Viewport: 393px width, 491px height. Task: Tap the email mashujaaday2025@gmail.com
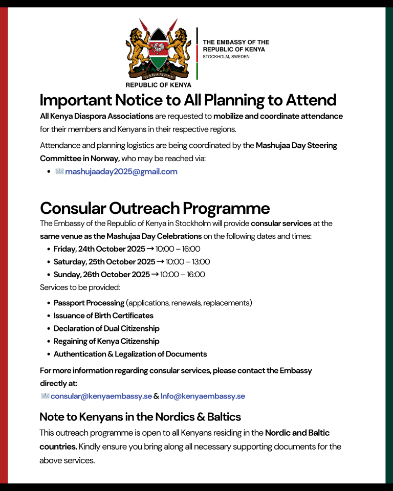click(121, 172)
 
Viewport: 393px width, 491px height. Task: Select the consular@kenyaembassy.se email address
click(101, 396)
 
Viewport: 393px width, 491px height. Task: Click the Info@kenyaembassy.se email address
click(203, 396)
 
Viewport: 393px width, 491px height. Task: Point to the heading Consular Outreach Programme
click(155, 208)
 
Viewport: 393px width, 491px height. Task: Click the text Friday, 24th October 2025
click(99, 249)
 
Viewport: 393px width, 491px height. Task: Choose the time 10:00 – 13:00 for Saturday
click(188, 262)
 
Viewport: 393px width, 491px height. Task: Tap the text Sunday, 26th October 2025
click(101, 275)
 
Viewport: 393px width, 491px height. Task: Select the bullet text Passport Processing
click(89, 303)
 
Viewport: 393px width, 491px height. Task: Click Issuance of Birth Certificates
click(103, 316)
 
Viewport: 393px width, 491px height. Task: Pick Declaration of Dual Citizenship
click(106, 328)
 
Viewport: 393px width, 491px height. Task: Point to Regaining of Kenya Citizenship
click(106, 341)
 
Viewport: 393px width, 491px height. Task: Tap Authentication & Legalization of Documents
click(130, 354)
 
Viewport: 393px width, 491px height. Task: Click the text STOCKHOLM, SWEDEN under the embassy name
click(226, 57)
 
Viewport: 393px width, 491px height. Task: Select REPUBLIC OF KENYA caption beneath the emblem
click(158, 85)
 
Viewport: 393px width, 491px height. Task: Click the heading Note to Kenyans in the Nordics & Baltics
click(140, 416)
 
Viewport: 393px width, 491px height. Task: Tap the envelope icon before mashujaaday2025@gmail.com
click(59, 172)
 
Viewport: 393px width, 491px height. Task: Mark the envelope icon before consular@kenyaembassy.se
click(45, 396)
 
